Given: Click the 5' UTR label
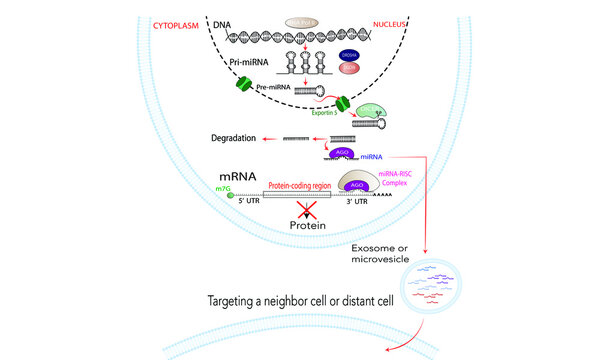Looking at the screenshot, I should (246, 207).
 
